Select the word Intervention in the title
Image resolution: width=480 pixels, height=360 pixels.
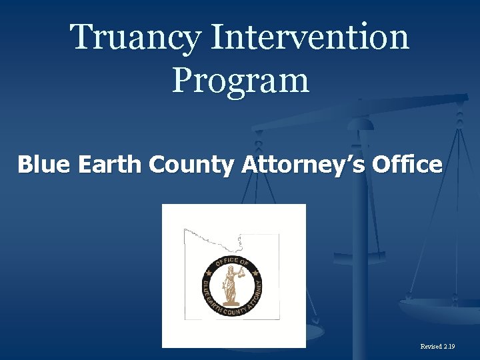tap(309, 37)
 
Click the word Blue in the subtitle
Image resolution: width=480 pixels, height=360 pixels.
tap(43, 164)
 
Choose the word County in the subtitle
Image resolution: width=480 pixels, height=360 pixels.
tap(190, 164)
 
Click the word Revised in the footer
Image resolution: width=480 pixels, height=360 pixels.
tap(432, 347)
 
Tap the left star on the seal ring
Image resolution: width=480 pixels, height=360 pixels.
tap(209, 273)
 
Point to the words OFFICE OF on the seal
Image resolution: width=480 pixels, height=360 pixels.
tap(231, 262)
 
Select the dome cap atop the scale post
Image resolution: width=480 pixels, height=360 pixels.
tap(361, 123)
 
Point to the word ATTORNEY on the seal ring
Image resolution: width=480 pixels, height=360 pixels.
tap(256, 294)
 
